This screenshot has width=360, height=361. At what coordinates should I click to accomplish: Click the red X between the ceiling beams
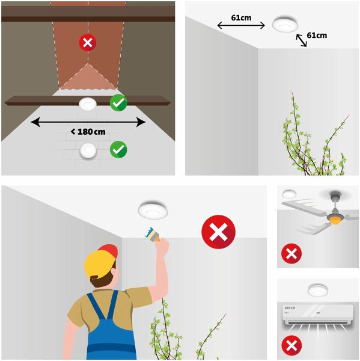(x=88, y=43)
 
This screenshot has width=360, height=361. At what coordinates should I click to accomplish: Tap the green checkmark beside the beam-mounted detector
(x=118, y=103)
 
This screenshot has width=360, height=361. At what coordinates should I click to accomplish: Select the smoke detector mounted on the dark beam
(x=87, y=104)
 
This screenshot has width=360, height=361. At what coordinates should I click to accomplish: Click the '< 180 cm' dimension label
(x=88, y=132)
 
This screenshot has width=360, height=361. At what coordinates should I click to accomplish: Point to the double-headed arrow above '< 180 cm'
(x=88, y=122)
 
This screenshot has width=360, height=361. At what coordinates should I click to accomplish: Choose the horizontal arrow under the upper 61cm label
(x=241, y=25)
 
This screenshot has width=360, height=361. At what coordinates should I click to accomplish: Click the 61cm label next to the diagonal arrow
(x=317, y=35)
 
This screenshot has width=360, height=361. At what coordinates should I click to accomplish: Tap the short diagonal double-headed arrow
(x=301, y=40)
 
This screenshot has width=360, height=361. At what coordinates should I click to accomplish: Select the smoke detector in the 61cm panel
(x=285, y=23)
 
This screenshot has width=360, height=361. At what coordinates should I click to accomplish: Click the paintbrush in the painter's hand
(x=152, y=235)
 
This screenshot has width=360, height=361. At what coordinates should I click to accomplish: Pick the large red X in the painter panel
(x=219, y=232)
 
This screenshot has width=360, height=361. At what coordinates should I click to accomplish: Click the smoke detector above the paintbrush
(x=153, y=209)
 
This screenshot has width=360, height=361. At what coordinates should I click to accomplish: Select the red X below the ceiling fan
(x=291, y=253)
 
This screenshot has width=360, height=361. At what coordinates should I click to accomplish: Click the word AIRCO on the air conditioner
(x=290, y=308)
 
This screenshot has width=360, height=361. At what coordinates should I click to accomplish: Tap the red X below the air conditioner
(x=291, y=345)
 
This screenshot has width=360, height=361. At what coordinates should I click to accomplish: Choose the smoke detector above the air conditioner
(x=318, y=291)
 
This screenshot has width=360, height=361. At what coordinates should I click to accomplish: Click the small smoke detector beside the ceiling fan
(x=289, y=194)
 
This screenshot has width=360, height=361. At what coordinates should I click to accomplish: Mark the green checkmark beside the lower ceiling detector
(x=118, y=149)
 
